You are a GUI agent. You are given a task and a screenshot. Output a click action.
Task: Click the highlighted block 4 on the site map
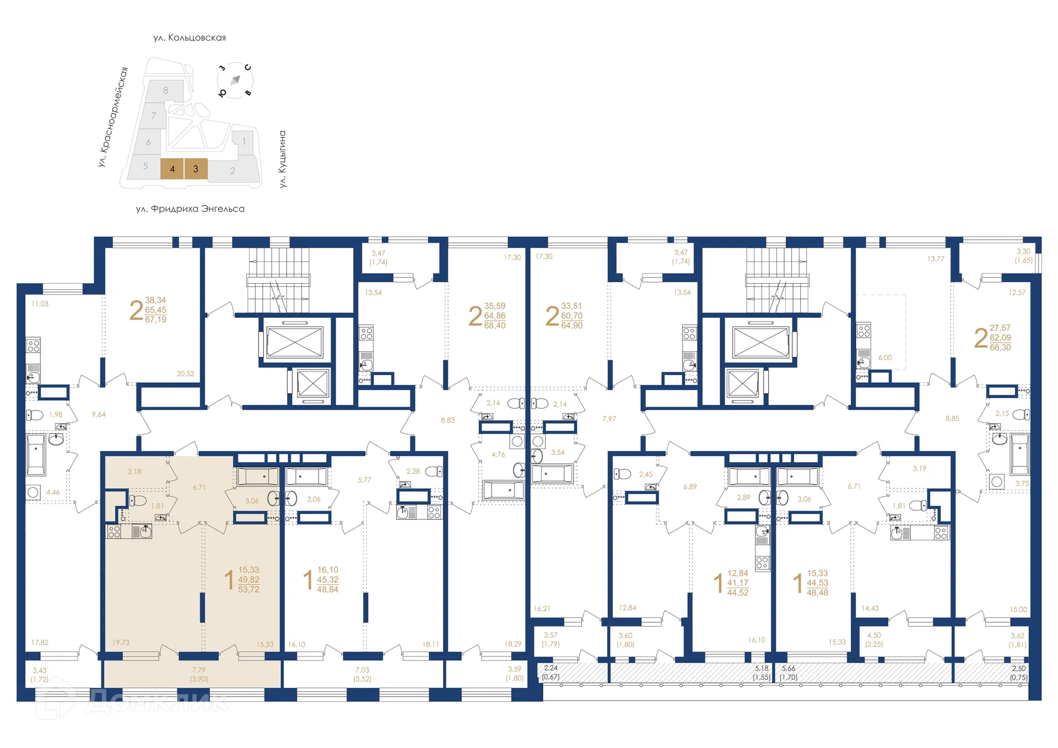[172, 169]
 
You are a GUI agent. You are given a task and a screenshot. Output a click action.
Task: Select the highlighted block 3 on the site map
[196, 169]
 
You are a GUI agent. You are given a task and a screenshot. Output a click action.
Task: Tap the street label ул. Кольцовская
[190, 37]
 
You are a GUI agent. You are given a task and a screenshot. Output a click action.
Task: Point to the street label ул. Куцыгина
[283, 159]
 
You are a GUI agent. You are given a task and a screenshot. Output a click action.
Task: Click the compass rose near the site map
[235, 80]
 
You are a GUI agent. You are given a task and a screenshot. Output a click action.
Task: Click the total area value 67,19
[155, 319]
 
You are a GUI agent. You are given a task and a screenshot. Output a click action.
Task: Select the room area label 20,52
[185, 373]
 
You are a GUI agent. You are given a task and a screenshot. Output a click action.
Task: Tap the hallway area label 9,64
[99, 414]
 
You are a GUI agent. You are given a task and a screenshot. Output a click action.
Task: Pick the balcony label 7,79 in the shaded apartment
[199, 670]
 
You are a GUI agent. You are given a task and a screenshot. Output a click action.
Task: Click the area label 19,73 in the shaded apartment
[121, 642]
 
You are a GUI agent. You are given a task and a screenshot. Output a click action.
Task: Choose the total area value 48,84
[327, 589]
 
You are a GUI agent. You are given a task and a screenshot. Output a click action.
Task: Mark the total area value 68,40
[495, 326]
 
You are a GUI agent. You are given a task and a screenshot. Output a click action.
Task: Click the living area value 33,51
[571, 306]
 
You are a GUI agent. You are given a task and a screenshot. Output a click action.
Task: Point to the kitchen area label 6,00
[885, 357]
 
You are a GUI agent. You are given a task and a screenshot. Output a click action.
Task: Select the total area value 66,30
[1000, 348]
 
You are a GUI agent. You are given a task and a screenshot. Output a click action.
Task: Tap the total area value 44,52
[738, 593]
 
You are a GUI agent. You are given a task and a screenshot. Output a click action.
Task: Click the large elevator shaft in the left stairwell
[295, 342]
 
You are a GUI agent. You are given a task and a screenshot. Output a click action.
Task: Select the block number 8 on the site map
[165, 90]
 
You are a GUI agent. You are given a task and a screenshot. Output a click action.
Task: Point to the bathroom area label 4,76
[498, 454]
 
